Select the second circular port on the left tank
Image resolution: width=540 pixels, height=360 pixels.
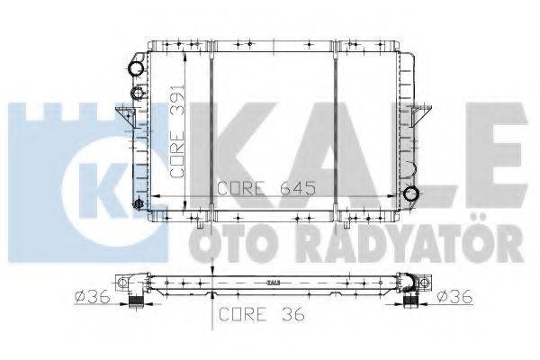click(137, 92)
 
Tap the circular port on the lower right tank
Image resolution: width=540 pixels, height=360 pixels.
click(411, 193)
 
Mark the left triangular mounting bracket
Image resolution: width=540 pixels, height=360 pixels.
click(123, 117)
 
